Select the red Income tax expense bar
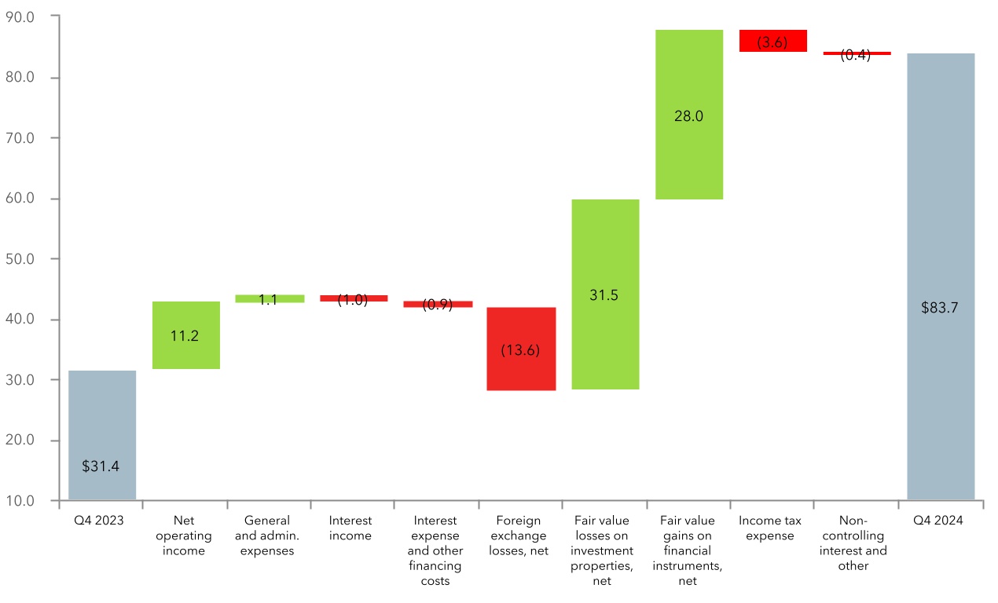772,41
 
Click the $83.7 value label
941,308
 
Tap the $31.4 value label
101,466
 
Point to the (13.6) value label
521,350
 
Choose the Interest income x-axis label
350,528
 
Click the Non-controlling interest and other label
853,543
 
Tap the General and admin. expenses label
268,535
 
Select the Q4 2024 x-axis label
941,521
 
